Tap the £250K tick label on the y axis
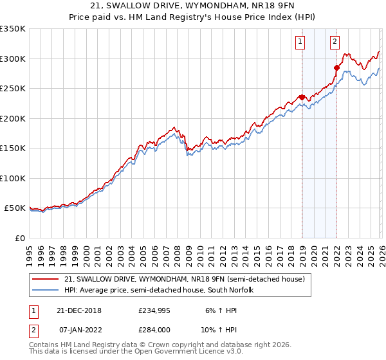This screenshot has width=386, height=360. [x=13, y=89]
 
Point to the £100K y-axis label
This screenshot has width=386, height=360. [x=13, y=179]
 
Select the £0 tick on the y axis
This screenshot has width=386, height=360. [x=19, y=239]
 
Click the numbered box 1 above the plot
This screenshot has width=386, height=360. [x=300, y=43]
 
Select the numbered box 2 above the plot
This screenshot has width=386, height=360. [x=335, y=43]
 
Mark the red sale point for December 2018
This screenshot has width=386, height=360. [x=302, y=97]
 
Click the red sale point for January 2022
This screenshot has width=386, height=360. [x=336, y=67]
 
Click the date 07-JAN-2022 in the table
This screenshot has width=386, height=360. [x=78, y=329]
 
